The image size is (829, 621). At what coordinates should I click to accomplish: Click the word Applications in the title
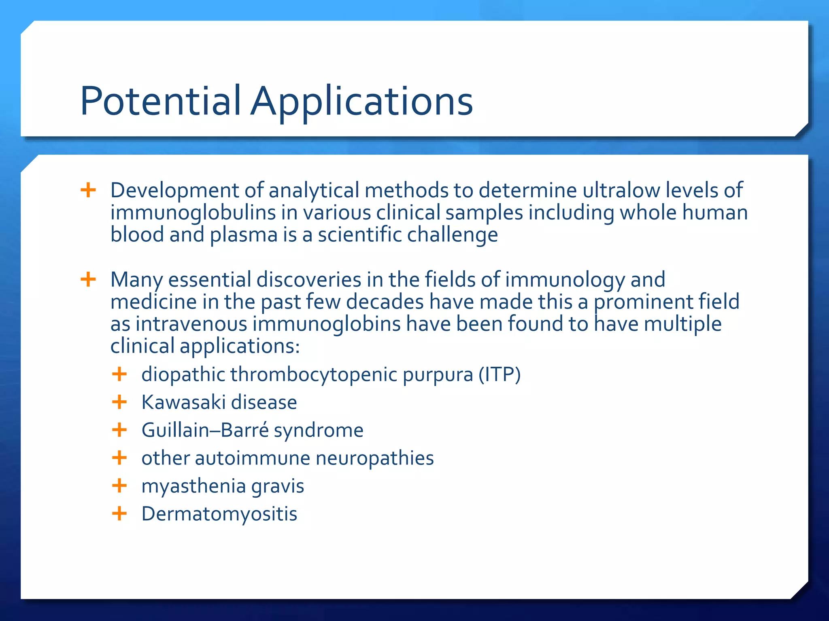point(361,101)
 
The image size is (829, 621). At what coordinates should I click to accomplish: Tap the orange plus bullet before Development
point(88,190)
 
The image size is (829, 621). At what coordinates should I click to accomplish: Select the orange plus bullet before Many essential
point(88,279)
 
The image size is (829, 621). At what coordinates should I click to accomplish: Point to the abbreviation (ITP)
point(500,374)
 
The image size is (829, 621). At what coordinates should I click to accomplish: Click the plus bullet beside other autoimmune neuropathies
point(119,458)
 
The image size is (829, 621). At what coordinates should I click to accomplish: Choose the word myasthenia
point(194,486)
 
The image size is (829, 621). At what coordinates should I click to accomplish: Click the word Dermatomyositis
point(219,514)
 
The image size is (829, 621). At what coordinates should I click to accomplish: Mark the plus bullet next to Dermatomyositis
point(119,513)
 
